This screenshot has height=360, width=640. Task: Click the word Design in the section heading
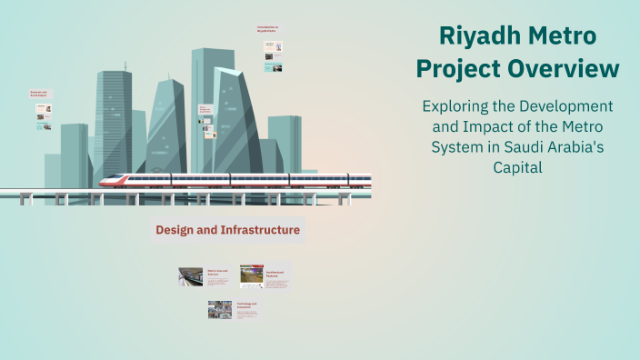[176, 230]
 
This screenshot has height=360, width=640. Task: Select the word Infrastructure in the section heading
[257, 230]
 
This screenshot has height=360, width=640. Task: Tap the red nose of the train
[106, 179]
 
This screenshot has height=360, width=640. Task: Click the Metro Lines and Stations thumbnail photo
[190, 276]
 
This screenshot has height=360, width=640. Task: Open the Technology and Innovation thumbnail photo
[220, 310]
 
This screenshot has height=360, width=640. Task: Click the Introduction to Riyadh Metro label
[270, 30]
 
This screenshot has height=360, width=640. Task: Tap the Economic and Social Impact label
[39, 94]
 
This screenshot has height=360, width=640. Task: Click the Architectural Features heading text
[276, 271]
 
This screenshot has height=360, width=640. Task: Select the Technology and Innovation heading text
[247, 305]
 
